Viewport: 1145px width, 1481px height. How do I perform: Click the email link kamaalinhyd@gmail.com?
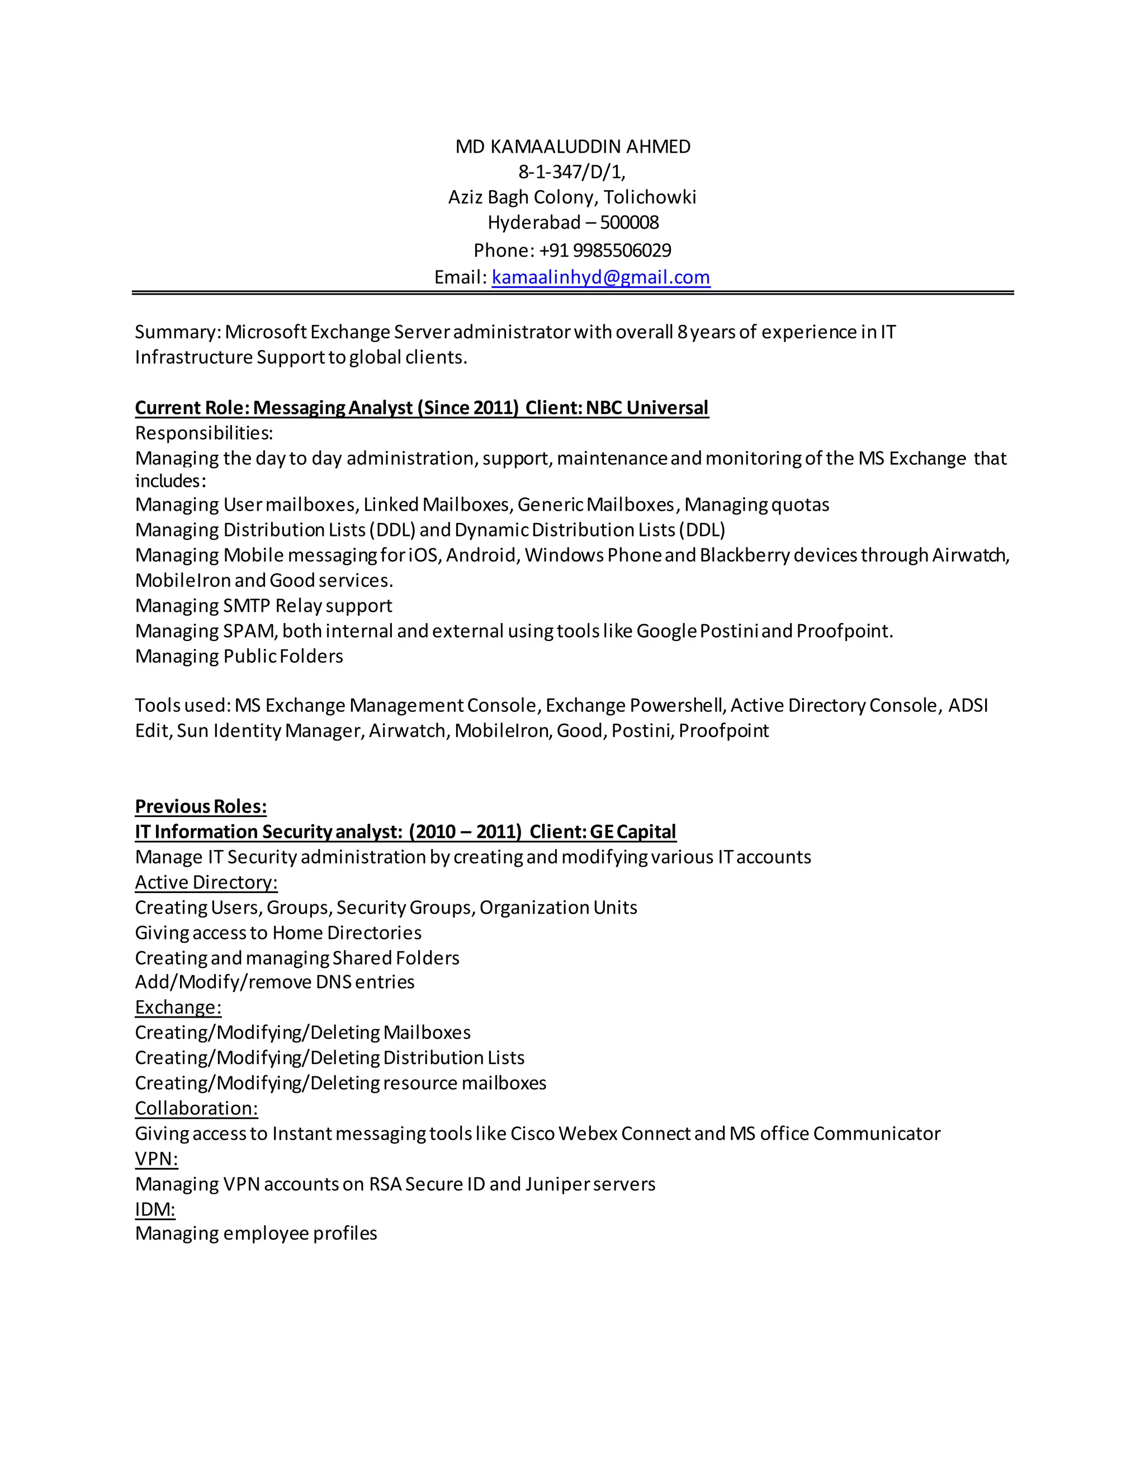[x=600, y=277]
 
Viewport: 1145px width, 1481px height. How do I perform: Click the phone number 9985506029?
[x=622, y=250]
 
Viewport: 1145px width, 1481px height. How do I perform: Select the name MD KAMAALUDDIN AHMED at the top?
[x=572, y=146]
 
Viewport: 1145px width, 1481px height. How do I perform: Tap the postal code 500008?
[x=630, y=222]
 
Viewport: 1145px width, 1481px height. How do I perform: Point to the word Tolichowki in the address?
[x=650, y=197]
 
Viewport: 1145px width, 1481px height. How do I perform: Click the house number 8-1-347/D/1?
[x=572, y=172]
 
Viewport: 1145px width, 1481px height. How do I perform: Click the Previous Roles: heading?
[x=201, y=806]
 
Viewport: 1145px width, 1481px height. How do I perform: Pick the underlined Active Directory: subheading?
[x=206, y=882]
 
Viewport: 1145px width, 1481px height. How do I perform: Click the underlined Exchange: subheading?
[x=178, y=1007]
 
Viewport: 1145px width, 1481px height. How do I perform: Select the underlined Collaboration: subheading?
[x=197, y=1108]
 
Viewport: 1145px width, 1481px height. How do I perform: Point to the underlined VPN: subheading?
[x=157, y=1159]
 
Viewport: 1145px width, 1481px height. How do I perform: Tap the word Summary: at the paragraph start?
[x=178, y=333]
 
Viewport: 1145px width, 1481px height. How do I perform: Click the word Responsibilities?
[x=204, y=433]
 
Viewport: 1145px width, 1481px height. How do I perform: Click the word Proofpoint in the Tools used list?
[x=724, y=731]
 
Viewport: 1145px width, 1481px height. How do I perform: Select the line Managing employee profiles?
[x=256, y=1233]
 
